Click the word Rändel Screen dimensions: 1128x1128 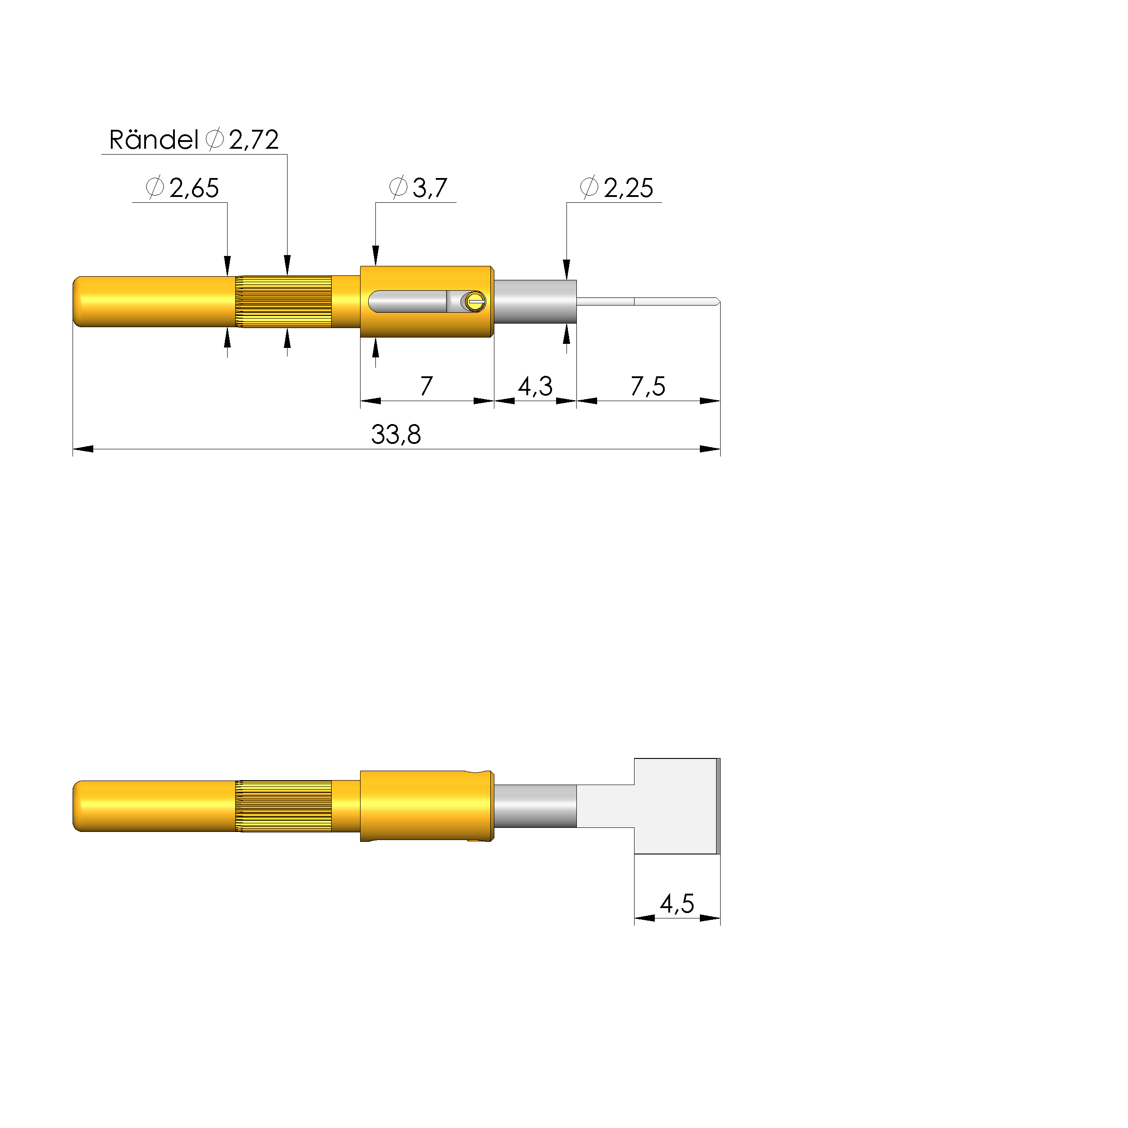[154, 140]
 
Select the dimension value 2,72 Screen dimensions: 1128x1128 [253, 140]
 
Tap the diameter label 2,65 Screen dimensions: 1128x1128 [194, 188]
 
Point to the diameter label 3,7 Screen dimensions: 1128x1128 [430, 188]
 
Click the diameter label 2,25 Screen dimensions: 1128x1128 [628, 188]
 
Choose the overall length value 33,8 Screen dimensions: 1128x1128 [396, 435]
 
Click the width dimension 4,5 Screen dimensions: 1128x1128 [677, 904]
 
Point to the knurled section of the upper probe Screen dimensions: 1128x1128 [284, 301]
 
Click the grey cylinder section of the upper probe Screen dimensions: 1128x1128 [535, 301]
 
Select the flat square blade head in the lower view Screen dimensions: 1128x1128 [676, 806]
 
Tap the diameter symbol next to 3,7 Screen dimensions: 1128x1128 [398, 187]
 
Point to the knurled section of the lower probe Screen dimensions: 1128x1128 [284, 806]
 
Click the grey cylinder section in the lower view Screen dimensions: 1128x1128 [535, 806]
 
